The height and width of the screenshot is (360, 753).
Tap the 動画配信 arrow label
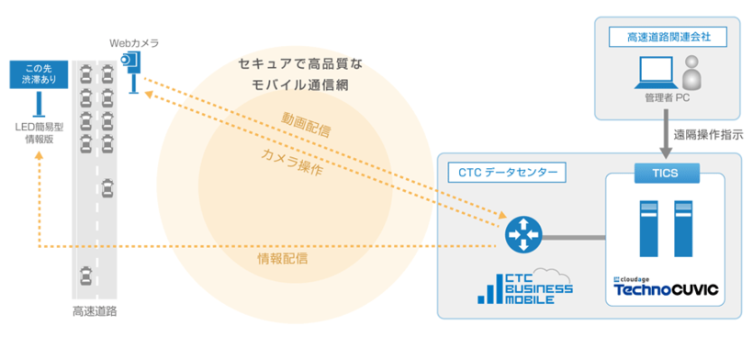306,123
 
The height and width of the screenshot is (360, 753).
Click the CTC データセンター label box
505,172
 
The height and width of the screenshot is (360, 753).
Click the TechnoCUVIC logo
666,291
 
